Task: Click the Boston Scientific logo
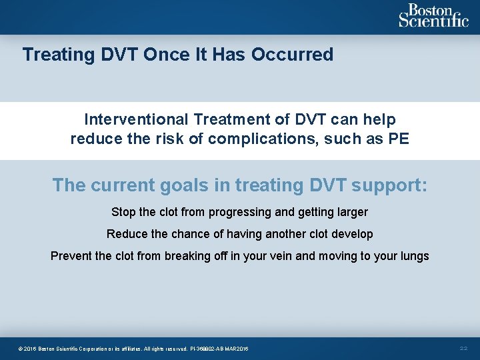coord(433,16)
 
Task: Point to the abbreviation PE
coord(399,139)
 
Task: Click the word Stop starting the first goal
coord(123,213)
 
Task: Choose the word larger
coord(349,213)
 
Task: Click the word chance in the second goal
coord(189,234)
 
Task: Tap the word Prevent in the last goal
coord(71,256)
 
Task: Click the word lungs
coord(413,256)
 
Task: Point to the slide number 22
coord(465,349)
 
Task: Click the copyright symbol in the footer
coord(21,349)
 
